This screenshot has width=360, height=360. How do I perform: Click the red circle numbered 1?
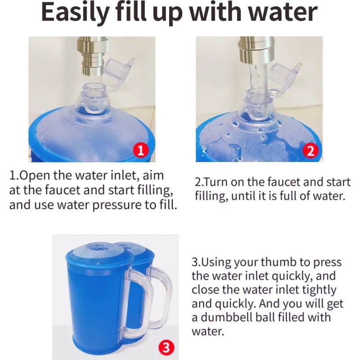pyautogui.click(x=140, y=150)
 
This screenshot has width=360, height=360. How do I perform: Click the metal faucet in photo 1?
pyautogui.click(x=93, y=56)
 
